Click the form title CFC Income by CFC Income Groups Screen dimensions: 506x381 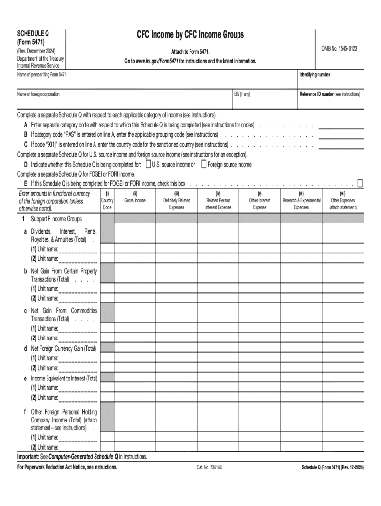click(190, 35)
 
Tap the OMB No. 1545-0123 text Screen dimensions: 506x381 click(339, 49)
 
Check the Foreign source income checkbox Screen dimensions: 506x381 click(204, 165)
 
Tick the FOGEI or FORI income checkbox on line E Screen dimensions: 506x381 click(360, 183)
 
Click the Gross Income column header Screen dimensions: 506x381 click(135, 200)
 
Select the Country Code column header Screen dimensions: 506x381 click(107, 204)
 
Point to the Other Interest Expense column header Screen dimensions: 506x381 click(259, 204)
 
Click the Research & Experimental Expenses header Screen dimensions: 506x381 click(301, 204)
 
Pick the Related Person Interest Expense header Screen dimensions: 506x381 click(218, 204)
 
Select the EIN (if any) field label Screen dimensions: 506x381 click(242, 94)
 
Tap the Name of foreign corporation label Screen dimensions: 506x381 click(39, 94)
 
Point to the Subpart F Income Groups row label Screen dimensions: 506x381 click(56, 219)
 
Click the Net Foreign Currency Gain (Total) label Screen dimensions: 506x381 click(63, 348)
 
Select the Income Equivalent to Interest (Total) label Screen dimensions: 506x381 click(64, 378)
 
